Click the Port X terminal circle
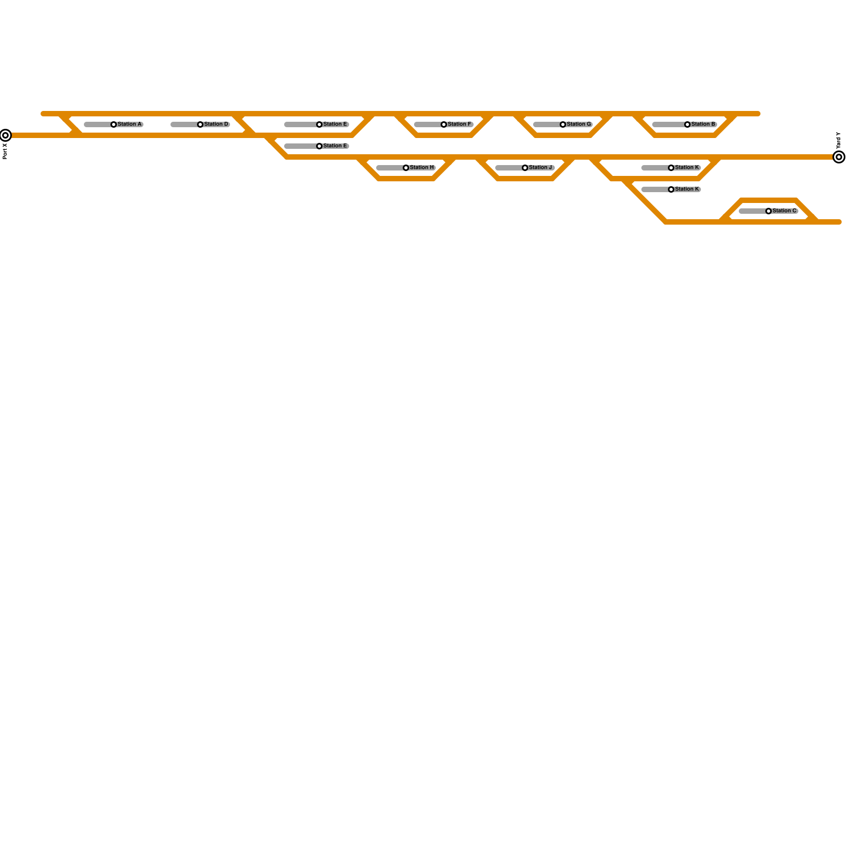click(5, 135)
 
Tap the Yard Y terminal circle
click(839, 157)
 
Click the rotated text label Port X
click(5, 151)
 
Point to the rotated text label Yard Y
click(838, 141)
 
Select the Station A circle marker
click(114, 124)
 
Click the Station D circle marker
click(200, 124)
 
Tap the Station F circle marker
click(444, 124)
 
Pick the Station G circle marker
click(563, 124)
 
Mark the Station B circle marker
click(687, 124)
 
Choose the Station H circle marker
click(406, 168)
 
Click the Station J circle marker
click(525, 168)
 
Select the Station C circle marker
click(769, 211)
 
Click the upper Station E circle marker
click(319, 124)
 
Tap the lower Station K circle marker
click(671, 189)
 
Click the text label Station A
click(129, 124)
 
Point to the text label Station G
click(579, 124)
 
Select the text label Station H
click(422, 167)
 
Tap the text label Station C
click(784, 211)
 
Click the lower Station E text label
click(335, 146)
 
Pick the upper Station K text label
click(687, 167)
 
